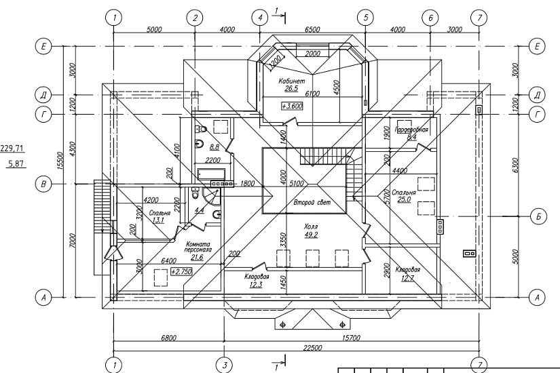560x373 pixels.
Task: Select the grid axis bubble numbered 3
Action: [x=223, y=365]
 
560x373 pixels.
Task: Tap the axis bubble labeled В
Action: [x=44, y=183]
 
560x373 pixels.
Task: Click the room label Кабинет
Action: [x=290, y=81]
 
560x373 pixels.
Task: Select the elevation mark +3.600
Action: [x=293, y=106]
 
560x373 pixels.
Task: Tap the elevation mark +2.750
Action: [x=181, y=271]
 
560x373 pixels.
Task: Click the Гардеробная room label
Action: [x=412, y=130]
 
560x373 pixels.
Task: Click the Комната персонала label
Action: [x=199, y=246]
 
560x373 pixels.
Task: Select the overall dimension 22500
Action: [x=312, y=347]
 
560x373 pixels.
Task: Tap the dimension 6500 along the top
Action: [x=313, y=29]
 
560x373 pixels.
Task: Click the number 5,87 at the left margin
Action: [x=15, y=163]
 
